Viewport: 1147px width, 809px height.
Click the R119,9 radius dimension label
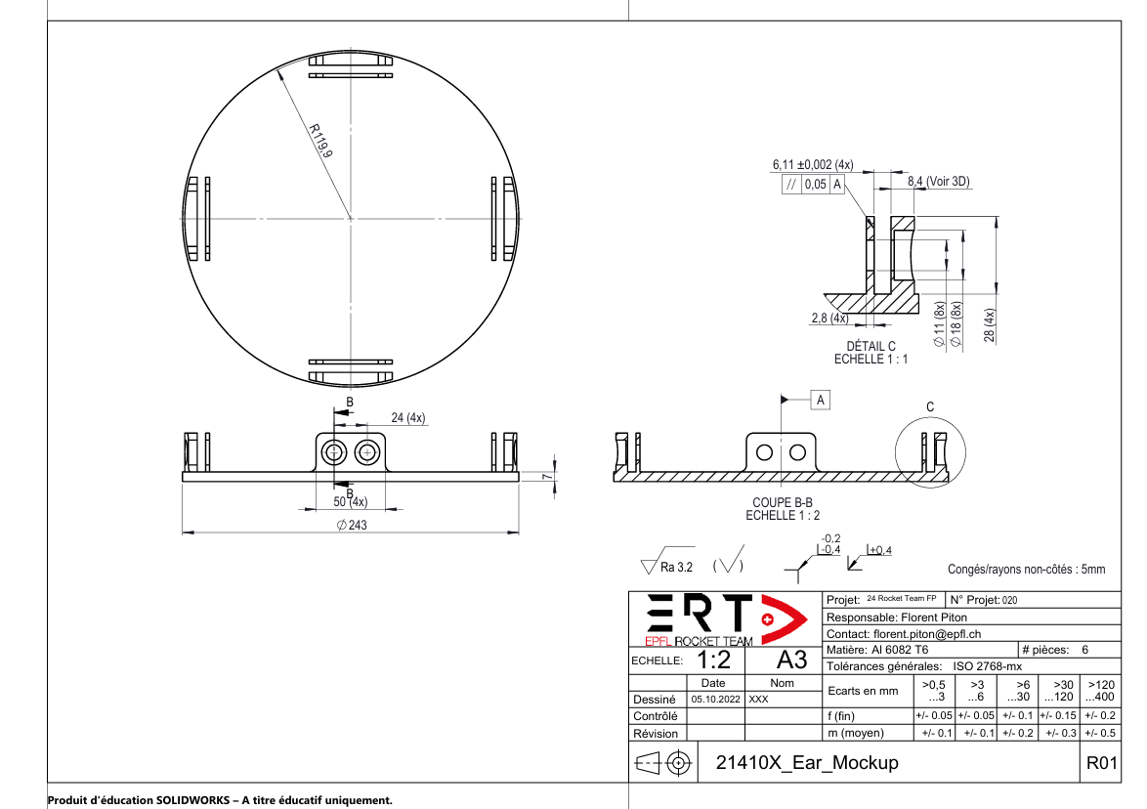pos(320,141)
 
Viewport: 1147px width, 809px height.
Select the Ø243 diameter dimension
pos(350,526)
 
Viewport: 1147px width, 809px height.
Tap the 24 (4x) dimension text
pos(407,418)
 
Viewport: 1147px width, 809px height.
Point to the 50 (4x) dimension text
pos(350,502)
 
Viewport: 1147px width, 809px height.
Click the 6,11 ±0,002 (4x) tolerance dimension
pos(813,165)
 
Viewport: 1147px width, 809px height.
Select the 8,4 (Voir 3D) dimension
pos(938,182)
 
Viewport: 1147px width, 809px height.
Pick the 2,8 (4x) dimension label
pos(829,319)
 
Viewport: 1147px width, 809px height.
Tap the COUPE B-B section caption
pos(783,502)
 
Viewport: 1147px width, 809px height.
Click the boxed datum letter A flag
pos(821,400)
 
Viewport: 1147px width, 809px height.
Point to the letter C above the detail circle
pos(930,406)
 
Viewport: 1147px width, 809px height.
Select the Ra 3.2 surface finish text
pos(676,567)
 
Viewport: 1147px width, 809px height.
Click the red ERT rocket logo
pos(724,619)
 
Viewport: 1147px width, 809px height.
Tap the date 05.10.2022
pos(716,700)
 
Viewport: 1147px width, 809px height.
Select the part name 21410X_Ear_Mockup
pos(807,763)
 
